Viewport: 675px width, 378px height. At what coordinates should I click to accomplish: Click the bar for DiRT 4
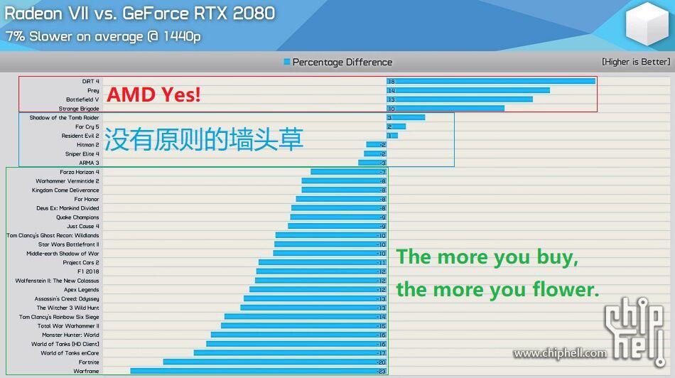[x=491, y=81]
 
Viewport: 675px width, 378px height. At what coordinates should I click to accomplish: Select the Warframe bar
[x=259, y=371]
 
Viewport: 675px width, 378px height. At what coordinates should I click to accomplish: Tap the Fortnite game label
[x=89, y=362]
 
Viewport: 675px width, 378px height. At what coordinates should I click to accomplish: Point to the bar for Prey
[x=468, y=90]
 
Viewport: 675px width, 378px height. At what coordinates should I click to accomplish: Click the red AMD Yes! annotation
[x=153, y=94]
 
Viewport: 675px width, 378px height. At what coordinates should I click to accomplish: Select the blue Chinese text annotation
[x=204, y=139]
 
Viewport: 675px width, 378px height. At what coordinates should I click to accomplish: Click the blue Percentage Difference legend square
[x=287, y=62]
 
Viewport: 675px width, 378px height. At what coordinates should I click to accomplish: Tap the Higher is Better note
[x=636, y=62]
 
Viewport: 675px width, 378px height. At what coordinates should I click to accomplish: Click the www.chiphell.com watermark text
[x=560, y=353]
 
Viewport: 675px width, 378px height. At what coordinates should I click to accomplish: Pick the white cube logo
[x=647, y=23]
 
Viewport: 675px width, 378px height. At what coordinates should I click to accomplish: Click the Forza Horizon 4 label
[x=80, y=172]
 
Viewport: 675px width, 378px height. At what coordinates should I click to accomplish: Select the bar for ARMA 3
[x=372, y=163]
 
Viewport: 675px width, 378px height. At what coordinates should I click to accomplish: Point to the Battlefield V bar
[x=459, y=99]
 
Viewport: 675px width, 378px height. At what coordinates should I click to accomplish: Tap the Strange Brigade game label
[x=79, y=109]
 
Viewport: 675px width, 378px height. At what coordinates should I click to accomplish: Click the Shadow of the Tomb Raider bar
[x=406, y=117]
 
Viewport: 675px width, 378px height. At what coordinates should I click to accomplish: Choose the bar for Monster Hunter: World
[x=298, y=335]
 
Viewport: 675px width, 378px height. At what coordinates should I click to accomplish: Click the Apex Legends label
[x=82, y=290]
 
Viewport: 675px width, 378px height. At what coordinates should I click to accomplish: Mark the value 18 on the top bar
[x=391, y=82]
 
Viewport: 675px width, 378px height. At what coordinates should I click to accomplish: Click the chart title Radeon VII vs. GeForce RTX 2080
[x=140, y=13]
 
